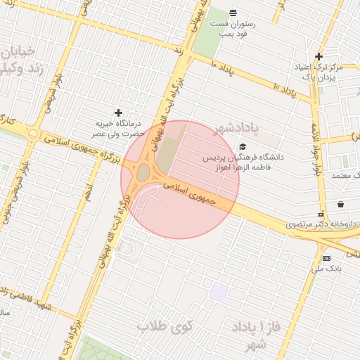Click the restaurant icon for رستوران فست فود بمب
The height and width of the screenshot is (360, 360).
[233, 13]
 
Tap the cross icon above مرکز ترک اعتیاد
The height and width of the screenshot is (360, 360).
[319, 56]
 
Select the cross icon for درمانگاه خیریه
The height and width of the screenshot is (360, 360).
[118, 112]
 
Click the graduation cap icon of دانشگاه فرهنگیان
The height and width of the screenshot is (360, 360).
[243, 146]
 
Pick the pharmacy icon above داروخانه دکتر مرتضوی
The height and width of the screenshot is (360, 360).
[321, 214]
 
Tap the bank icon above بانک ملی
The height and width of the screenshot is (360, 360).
[326, 258]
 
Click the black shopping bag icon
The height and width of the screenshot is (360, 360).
[341, 204]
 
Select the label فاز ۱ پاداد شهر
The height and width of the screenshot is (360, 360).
[250, 336]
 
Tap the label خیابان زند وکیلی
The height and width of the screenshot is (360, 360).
[20, 60]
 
